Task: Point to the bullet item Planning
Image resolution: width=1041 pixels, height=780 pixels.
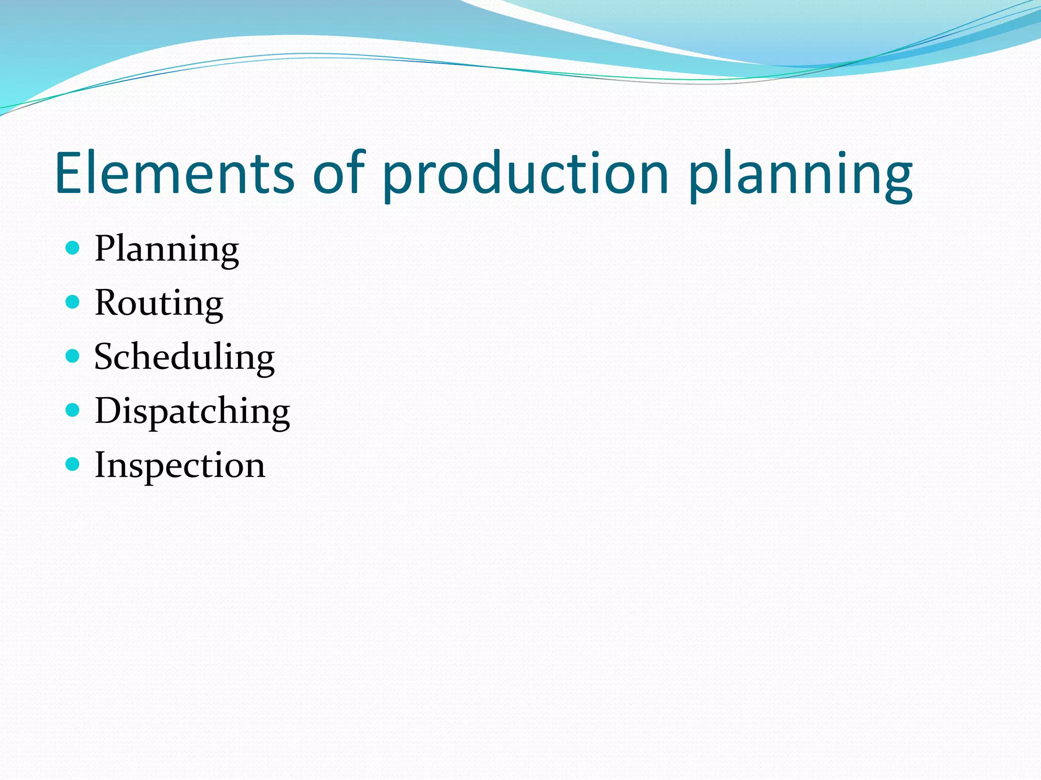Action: coord(167,249)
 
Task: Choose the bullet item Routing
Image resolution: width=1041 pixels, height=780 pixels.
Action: coord(159,303)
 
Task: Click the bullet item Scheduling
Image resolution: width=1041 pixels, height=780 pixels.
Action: coord(185,357)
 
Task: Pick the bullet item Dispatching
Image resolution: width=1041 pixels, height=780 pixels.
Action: coord(192,411)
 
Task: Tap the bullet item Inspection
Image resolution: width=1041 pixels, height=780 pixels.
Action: coord(180,465)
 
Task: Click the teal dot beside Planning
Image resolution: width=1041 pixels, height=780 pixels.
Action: coord(73,248)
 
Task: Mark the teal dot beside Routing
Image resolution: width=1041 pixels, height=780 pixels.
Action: coord(73,302)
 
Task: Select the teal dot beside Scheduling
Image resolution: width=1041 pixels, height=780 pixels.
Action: coord(73,356)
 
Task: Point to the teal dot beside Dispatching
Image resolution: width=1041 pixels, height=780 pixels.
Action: coord(73,410)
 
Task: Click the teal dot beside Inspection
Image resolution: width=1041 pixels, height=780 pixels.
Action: coord(73,464)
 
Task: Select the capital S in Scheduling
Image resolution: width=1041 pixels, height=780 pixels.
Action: coord(105,356)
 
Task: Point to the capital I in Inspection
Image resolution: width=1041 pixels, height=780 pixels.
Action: coord(100,465)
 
